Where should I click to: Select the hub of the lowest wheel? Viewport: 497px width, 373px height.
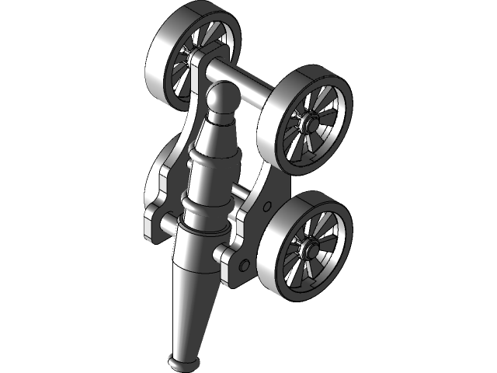pos(309,248)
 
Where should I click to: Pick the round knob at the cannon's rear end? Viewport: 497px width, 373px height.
pos(220,102)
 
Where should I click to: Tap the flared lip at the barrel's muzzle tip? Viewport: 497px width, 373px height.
pos(184,361)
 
